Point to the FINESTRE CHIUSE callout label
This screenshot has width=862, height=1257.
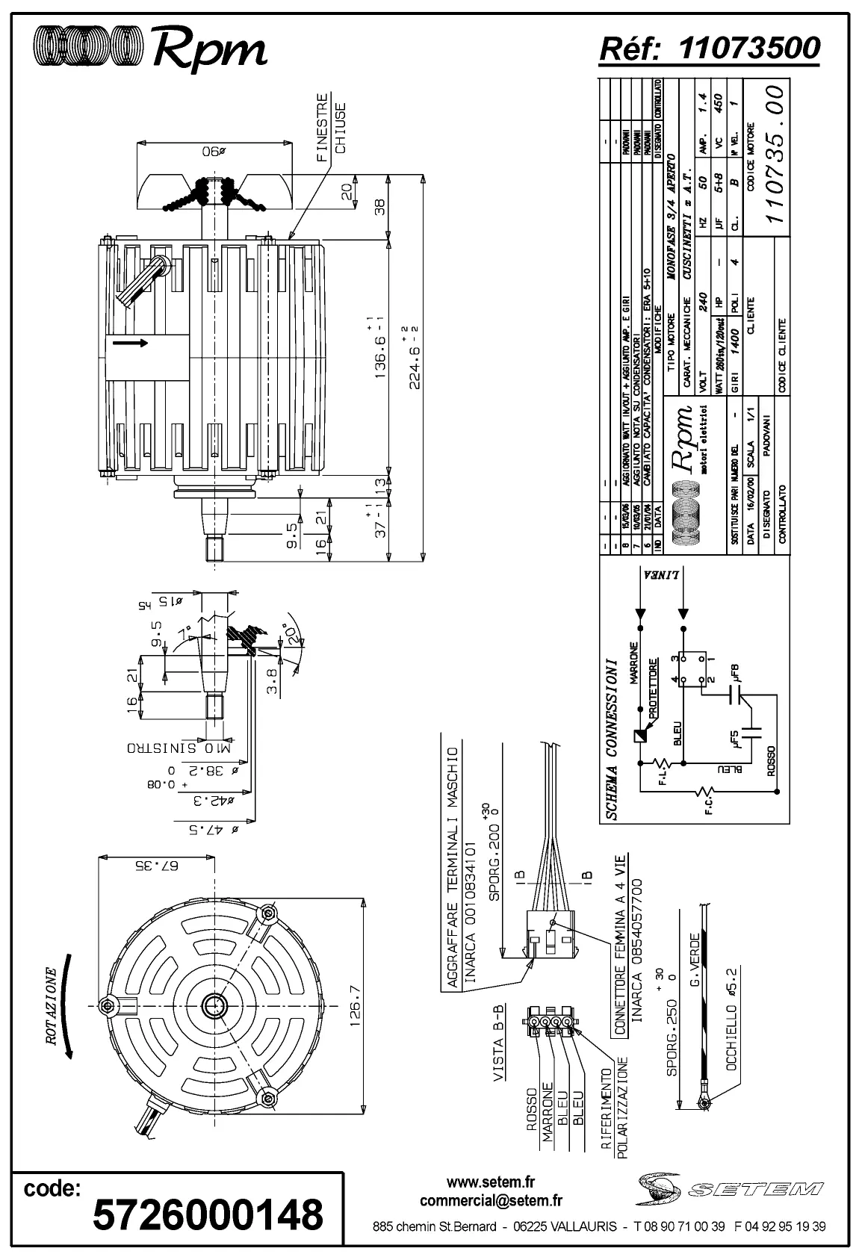331,127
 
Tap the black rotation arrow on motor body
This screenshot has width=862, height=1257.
130,343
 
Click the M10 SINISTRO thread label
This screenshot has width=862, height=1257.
180,747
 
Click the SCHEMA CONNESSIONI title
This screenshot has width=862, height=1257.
611,739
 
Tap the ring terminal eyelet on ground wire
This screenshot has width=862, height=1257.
704,1102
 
